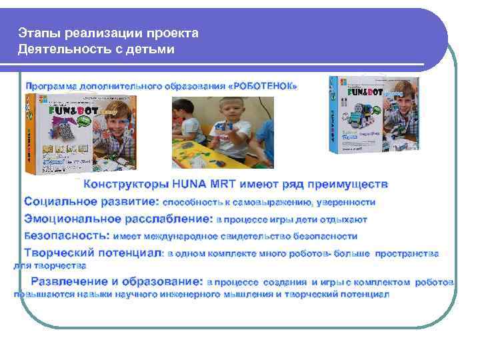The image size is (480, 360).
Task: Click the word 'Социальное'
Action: coord(55,201)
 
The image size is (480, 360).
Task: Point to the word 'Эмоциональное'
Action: coord(64,219)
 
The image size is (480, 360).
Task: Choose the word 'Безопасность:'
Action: coord(67,236)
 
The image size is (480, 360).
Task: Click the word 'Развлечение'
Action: coord(69,282)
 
